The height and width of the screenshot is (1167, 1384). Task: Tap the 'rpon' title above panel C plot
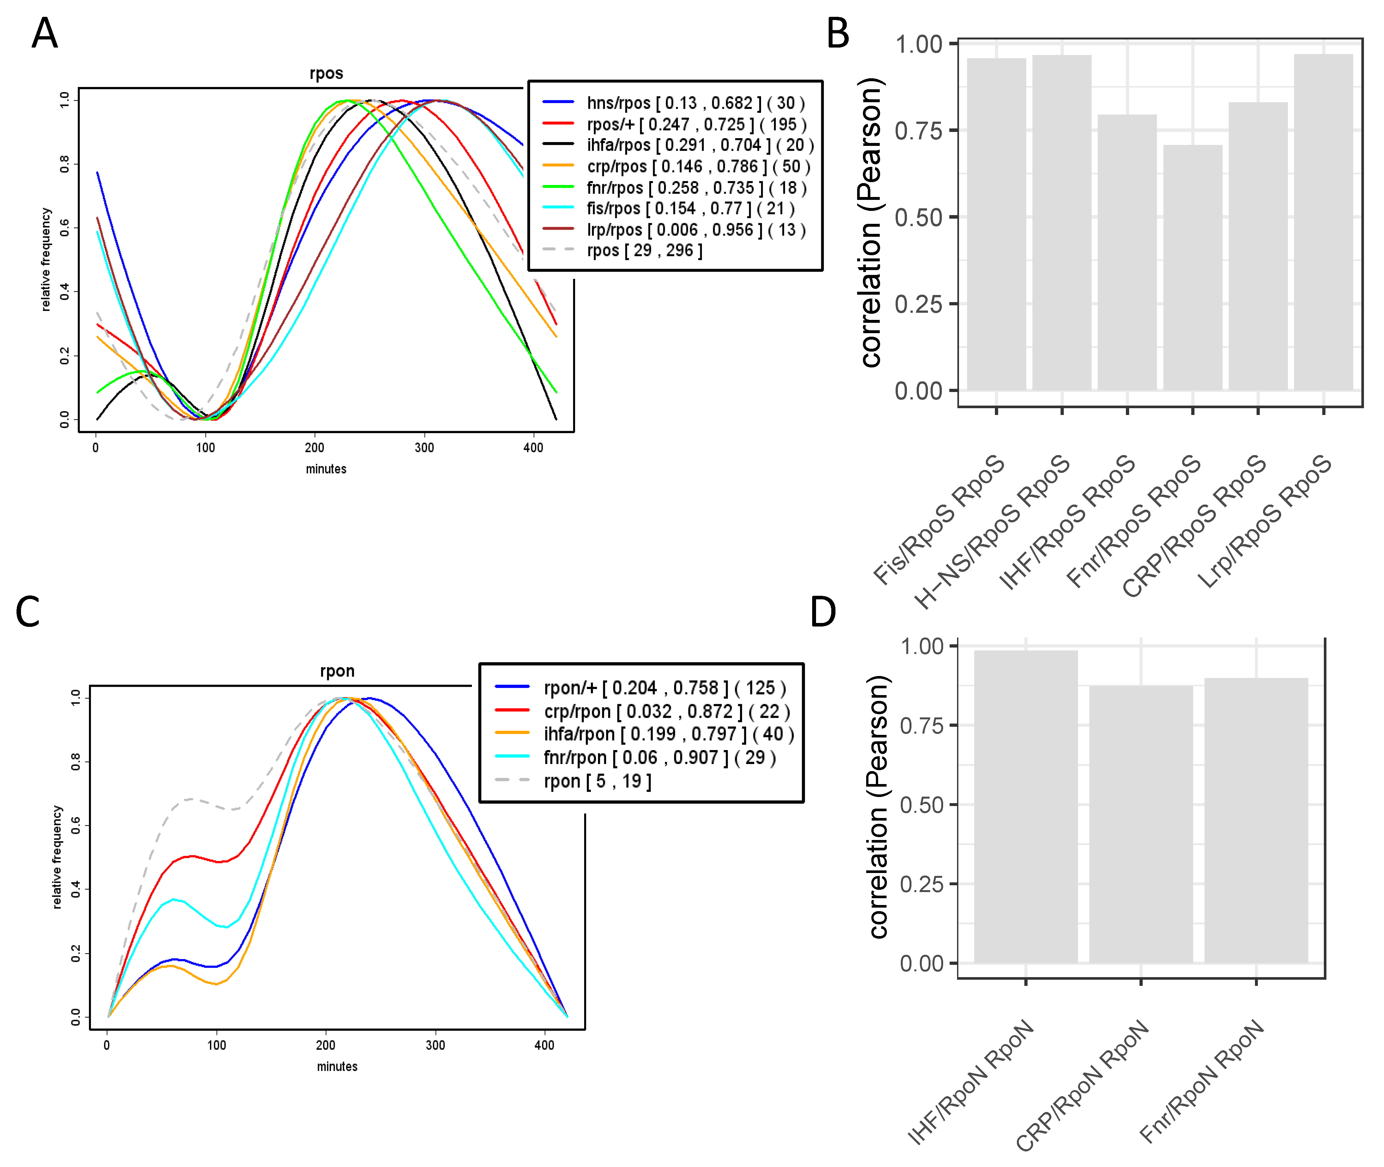(x=337, y=671)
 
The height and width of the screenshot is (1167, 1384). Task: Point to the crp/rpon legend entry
(x=665, y=711)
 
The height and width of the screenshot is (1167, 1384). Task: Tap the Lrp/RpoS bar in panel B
(x=1323, y=222)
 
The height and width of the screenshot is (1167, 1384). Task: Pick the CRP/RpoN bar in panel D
(x=1140, y=823)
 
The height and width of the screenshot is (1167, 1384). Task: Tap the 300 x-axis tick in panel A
(x=424, y=448)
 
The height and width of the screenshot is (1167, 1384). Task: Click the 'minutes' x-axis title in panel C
(x=337, y=1066)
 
